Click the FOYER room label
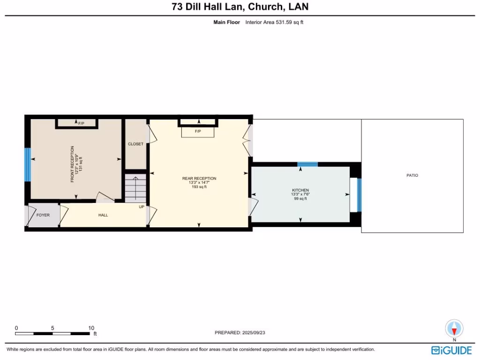(x=43, y=215)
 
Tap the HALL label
(x=103, y=215)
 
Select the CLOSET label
(x=135, y=144)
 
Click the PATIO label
(x=412, y=175)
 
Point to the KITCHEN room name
(x=300, y=190)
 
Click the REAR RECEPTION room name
(x=199, y=178)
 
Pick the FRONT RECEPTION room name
(x=73, y=164)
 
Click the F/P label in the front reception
(x=81, y=123)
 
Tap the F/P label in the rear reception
(x=198, y=132)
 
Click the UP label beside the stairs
(x=141, y=207)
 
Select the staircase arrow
(x=136, y=187)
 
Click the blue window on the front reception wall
(x=27, y=165)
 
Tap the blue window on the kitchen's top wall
(x=307, y=164)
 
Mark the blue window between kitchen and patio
(x=360, y=195)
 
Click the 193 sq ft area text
(x=199, y=187)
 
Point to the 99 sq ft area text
(x=300, y=199)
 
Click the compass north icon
(x=454, y=328)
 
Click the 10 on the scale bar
(x=91, y=328)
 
